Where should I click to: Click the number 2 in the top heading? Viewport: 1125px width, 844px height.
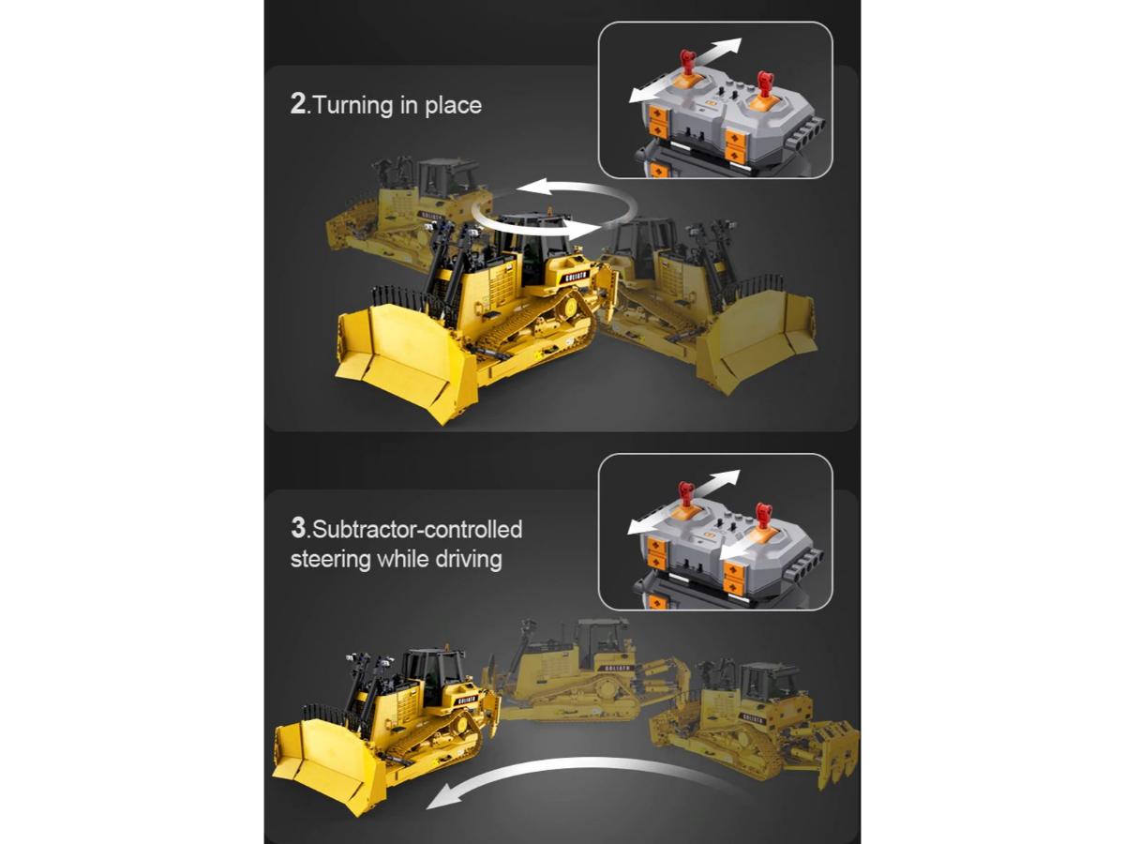click(297, 104)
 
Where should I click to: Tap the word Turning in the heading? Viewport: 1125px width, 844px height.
click(352, 105)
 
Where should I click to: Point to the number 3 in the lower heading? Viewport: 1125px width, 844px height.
click(298, 527)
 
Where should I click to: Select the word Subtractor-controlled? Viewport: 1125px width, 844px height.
click(417, 529)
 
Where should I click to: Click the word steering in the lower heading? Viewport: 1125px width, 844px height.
click(331, 559)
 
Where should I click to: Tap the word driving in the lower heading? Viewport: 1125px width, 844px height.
click(469, 559)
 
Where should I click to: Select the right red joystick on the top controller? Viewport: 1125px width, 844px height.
click(764, 83)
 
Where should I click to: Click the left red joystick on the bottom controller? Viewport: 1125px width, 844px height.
click(685, 494)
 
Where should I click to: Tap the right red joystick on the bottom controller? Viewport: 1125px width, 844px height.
click(764, 516)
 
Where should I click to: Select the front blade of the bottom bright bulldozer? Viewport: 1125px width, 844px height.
click(329, 762)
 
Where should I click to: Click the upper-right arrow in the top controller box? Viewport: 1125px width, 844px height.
click(716, 48)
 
